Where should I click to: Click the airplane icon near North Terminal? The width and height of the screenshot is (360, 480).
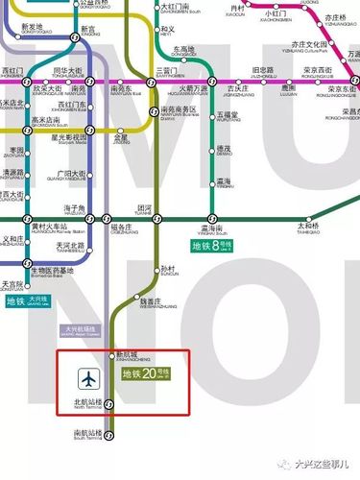click(x=91, y=378)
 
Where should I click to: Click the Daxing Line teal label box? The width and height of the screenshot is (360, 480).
click(x=27, y=300)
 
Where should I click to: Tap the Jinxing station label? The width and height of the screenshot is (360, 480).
click(x=120, y=139)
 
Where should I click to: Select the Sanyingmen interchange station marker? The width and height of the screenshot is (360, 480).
click(x=152, y=84)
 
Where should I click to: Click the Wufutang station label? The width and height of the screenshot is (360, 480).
click(x=228, y=118)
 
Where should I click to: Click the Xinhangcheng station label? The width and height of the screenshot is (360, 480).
click(x=128, y=356)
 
